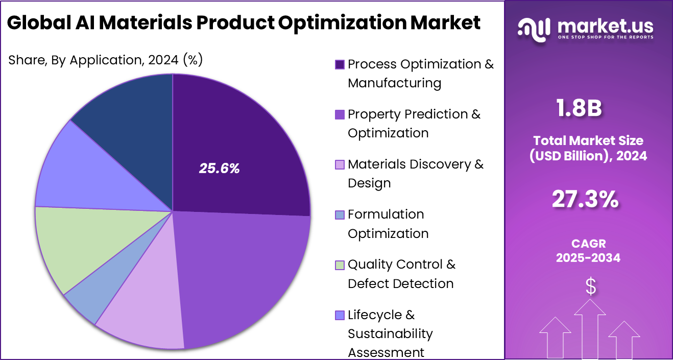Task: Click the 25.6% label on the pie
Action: click(219, 169)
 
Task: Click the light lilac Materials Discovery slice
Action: click(143, 311)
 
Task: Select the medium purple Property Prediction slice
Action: click(245, 271)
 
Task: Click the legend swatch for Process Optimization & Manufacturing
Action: click(340, 64)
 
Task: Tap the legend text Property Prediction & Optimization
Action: click(414, 124)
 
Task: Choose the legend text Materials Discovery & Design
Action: click(415, 174)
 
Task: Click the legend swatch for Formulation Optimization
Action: click(340, 215)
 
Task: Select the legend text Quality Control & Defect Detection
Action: click(401, 274)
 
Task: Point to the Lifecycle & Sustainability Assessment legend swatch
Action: click(340, 315)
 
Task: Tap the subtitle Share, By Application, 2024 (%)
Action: click(106, 60)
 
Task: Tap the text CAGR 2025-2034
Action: click(588, 251)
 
